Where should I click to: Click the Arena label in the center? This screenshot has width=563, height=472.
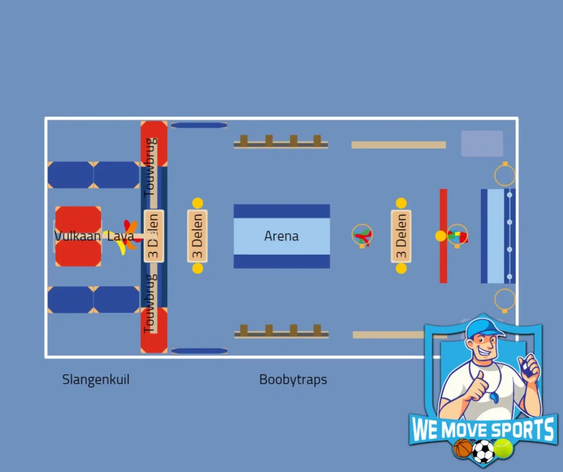(x=281, y=236)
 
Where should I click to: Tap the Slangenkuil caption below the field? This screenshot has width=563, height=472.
(x=96, y=380)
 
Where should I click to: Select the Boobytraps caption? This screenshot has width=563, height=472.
(x=293, y=380)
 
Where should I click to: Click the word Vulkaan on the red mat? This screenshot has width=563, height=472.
(x=78, y=236)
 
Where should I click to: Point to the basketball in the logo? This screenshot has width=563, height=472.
(x=462, y=448)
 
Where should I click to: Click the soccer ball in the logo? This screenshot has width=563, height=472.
(x=483, y=452)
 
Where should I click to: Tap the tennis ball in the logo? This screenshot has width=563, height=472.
(x=503, y=448)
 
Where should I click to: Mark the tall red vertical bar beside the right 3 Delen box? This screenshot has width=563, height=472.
(x=444, y=236)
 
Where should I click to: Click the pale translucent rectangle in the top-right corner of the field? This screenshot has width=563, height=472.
(x=482, y=144)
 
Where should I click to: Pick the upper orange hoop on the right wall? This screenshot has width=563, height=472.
(x=505, y=174)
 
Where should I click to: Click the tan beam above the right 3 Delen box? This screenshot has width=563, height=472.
(x=399, y=145)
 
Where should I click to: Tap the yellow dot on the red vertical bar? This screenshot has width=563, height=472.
(x=440, y=236)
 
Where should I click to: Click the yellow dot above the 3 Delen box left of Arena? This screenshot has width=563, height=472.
(x=197, y=204)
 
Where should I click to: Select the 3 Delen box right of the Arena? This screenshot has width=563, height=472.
(x=401, y=236)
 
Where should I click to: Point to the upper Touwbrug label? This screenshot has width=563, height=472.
(x=151, y=167)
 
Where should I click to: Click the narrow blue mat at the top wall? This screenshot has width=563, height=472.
(x=199, y=125)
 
